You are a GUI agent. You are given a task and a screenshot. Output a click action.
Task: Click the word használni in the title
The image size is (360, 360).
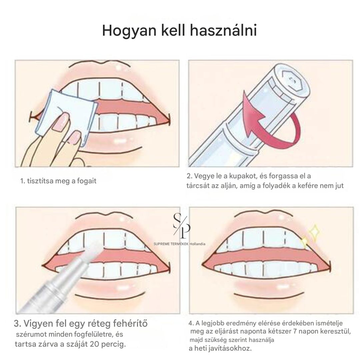click(x=223, y=30)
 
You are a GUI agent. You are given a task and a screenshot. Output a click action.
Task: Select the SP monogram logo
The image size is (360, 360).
click(x=182, y=225)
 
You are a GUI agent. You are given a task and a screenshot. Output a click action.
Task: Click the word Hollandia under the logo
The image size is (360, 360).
click(x=197, y=244)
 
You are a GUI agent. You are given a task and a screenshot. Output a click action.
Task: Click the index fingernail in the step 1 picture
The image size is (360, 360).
click(x=61, y=122)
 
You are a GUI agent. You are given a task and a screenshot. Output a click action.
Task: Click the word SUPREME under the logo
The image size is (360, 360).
click(x=161, y=244)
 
